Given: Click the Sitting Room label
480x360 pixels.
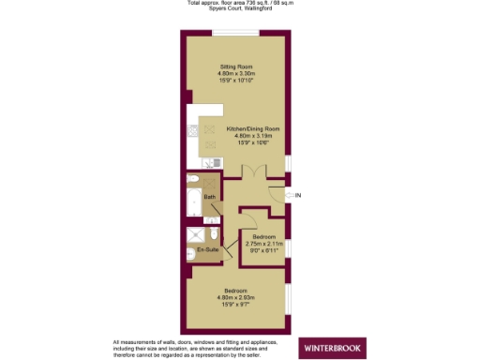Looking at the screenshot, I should tap(236, 67).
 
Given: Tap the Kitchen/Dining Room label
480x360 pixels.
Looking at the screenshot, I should tap(253, 128).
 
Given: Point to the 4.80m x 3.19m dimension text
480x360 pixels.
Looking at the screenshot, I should tap(253, 136).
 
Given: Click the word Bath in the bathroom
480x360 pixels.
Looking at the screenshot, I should tap(209, 197).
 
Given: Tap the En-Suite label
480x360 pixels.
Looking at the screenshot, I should tap(206, 251).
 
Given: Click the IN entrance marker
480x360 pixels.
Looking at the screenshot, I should tap(298, 195).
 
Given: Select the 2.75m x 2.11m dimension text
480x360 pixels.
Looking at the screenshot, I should tap(263, 244).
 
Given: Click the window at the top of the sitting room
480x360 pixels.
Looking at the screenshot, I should tap(236, 35).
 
